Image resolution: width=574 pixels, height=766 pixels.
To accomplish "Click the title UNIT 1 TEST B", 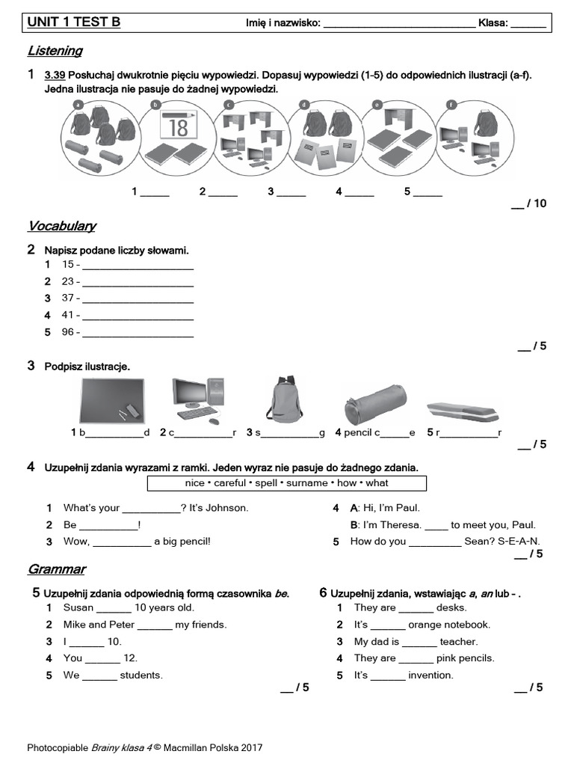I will click(x=73, y=22).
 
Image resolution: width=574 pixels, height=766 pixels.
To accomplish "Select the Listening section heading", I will click(x=55, y=51).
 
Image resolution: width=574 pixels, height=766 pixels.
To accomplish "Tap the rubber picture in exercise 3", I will click(x=461, y=410).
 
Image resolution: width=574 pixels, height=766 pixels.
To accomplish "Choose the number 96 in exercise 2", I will click(x=68, y=332).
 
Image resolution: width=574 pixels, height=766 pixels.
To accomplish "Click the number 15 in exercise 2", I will click(x=68, y=265).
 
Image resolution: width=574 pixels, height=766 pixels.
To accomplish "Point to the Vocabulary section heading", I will click(x=62, y=226).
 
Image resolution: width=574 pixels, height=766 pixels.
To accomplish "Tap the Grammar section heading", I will click(x=57, y=569).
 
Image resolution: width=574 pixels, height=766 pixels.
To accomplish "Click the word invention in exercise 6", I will click(x=430, y=675).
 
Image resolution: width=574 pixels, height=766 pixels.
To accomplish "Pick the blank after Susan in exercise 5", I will click(x=114, y=608).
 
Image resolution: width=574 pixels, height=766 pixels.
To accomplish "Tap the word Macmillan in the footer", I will click(x=187, y=747).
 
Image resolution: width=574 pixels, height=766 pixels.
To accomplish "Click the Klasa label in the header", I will click(x=493, y=23).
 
